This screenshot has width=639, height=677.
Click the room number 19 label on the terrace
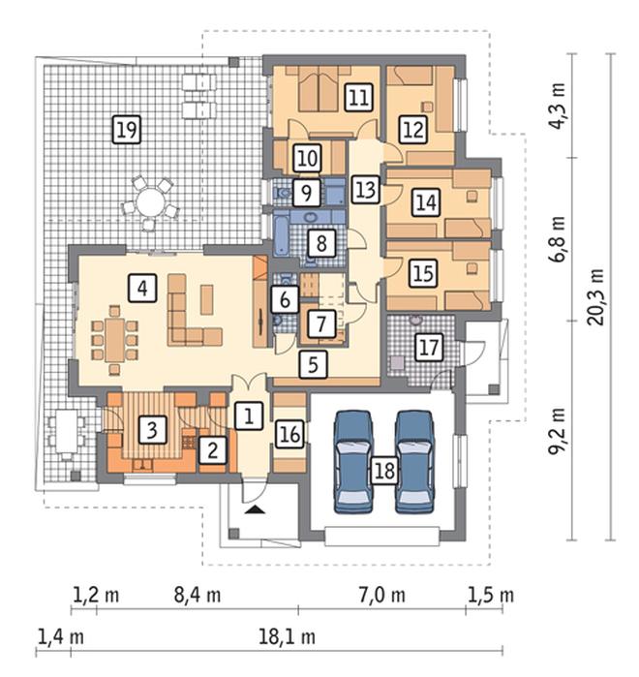127,130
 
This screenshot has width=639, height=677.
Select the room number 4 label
142,288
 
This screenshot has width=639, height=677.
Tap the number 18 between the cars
384,470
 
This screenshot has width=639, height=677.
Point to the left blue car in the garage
353,462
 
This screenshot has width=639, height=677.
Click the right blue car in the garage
415,462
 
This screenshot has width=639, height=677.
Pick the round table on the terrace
149,201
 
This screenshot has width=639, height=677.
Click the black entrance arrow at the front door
255,509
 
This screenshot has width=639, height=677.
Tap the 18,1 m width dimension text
287,637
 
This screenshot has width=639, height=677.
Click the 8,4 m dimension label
198,595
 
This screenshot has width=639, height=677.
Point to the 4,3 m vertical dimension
558,106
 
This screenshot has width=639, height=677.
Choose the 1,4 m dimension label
61,637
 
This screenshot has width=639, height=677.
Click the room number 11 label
358,97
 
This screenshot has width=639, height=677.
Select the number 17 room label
429,347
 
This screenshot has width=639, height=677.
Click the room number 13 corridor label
366,189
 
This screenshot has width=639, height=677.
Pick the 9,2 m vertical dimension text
558,430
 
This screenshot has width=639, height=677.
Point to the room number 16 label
289,434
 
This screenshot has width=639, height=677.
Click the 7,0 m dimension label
381,595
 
